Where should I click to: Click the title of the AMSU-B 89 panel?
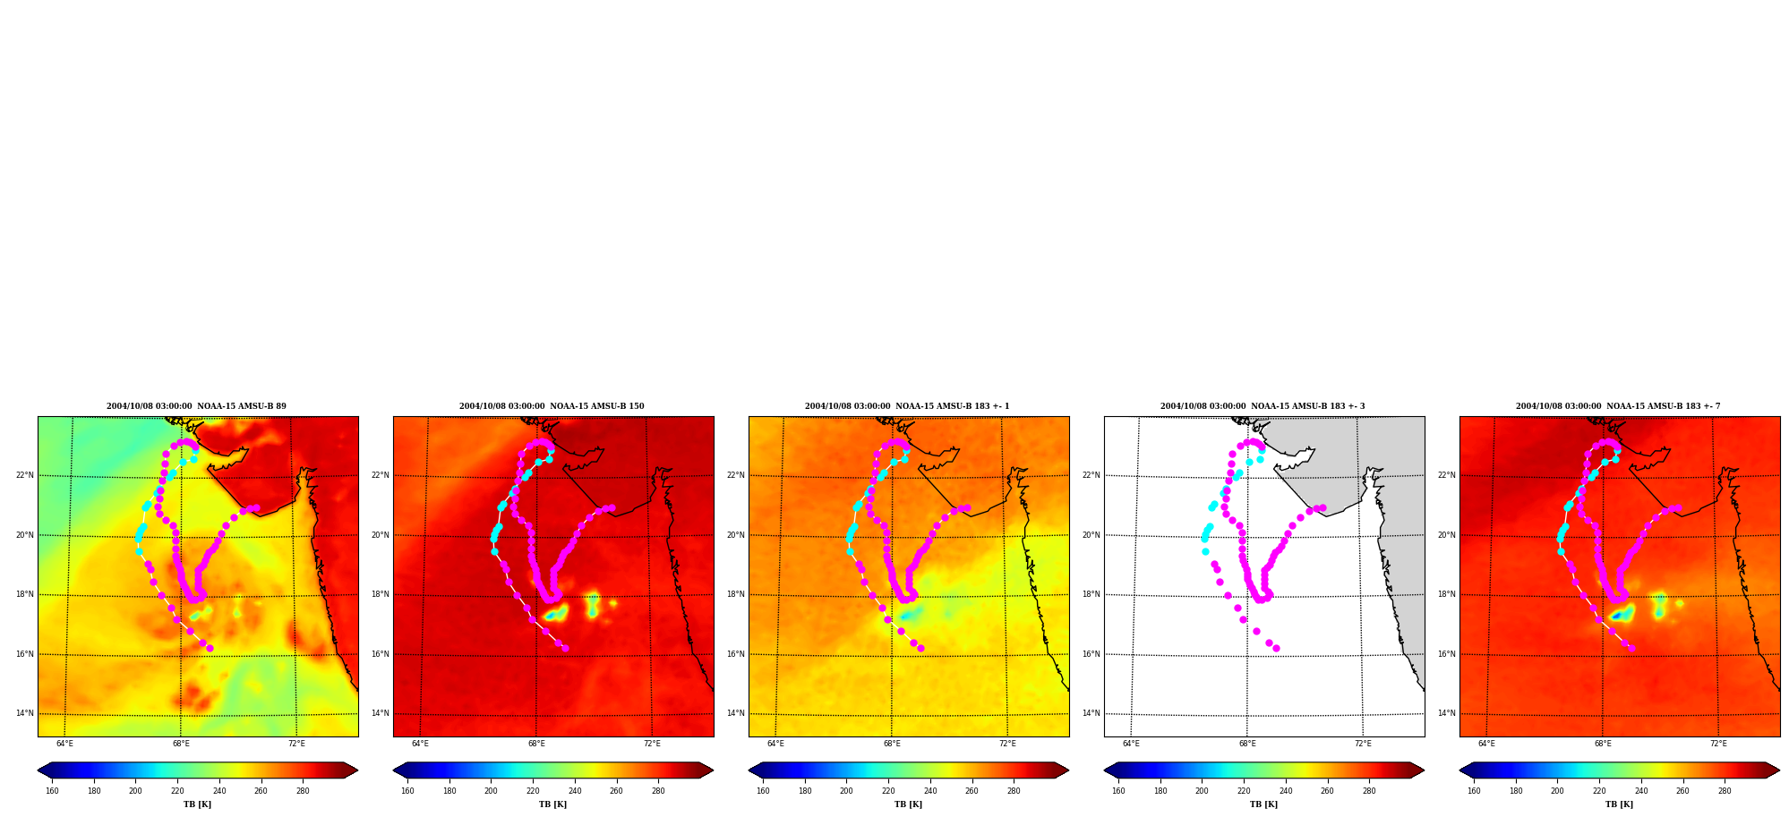(x=196, y=406)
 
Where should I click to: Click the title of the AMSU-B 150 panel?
(x=552, y=406)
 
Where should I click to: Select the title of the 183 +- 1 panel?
(x=907, y=406)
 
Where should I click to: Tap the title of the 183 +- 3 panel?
(x=1263, y=406)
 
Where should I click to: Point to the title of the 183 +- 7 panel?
(x=1618, y=406)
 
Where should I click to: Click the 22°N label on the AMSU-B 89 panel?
(x=25, y=475)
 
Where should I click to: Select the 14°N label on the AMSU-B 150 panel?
(x=381, y=713)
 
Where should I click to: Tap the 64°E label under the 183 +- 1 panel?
(x=775, y=744)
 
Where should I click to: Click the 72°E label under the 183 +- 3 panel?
(x=1363, y=744)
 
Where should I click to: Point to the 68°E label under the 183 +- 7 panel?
(x=1603, y=744)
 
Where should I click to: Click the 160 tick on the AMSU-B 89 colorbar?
(x=52, y=791)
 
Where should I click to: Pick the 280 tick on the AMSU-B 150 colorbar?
(x=658, y=791)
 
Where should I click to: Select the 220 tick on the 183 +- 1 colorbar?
(x=888, y=791)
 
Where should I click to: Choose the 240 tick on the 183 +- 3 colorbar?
(x=1286, y=791)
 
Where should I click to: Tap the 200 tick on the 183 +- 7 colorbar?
(x=1558, y=791)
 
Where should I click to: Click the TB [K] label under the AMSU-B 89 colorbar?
(x=198, y=804)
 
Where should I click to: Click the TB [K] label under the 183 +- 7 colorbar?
(x=1620, y=804)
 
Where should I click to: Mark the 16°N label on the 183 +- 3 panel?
(x=1091, y=654)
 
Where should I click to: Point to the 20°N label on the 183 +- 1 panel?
(x=736, y=535)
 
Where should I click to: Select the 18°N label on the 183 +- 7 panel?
(x=1447, y=594)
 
